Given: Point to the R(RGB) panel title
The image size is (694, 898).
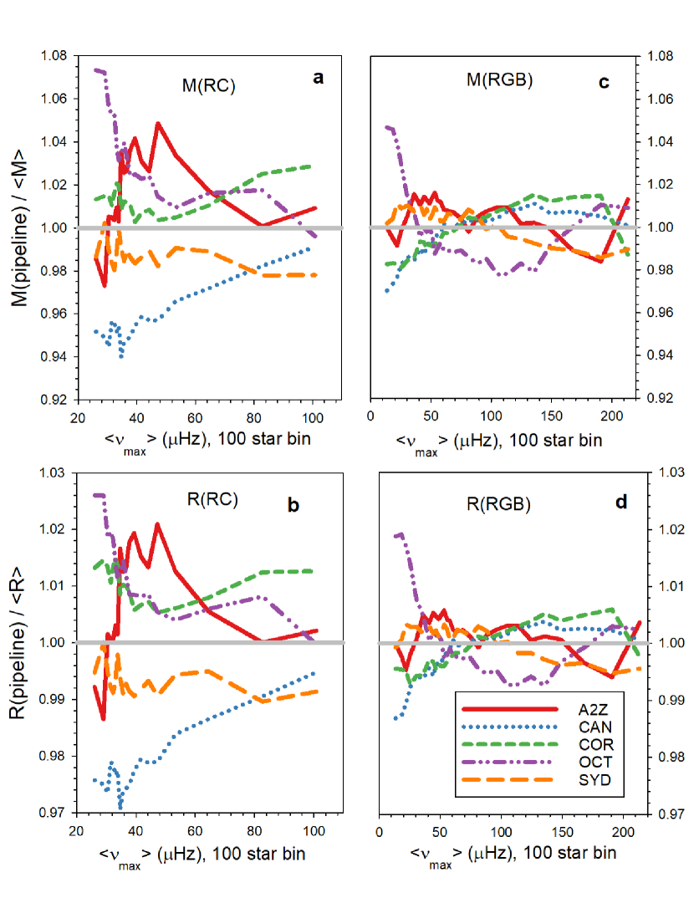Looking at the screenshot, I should click(x=500, y=504).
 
